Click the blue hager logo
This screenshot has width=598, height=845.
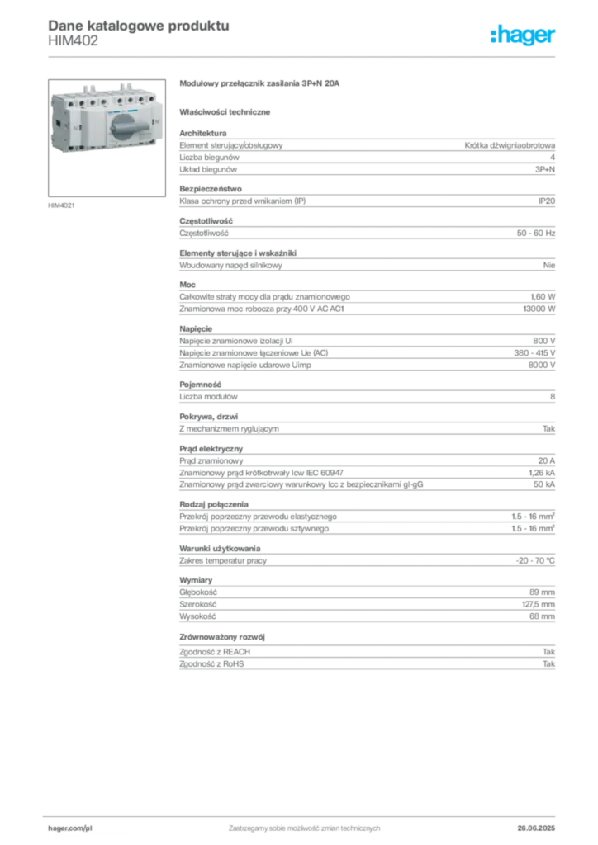click(524, 35)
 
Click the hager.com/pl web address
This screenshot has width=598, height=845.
click(70, 826)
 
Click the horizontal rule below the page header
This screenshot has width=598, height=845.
click(303, 55)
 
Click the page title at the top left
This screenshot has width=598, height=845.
click(136, 25)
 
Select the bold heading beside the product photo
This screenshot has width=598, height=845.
click(260, 85)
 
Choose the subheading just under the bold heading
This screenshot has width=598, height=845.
click(227, 111)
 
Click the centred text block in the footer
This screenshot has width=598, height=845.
click(303, 826)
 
